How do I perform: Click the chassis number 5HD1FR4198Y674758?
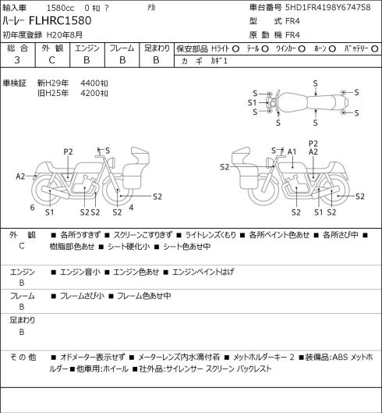tap(327, 7)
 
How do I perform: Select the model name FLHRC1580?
tap(60, 21)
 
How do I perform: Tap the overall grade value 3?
tap(17, 60)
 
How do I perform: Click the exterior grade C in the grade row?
tap(51, 60)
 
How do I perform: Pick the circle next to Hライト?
tap(235, 48)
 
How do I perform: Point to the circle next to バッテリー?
tap(375, 48)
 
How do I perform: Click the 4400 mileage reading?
tap(94, 84)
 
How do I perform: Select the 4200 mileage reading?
tap(94, 93)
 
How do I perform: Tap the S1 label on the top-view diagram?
tap(252, 102)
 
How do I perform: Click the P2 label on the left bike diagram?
tap(68, 151)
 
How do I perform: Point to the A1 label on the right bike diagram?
tap(292, 151)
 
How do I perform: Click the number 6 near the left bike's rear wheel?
tap(32, 208)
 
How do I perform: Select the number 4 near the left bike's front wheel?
tap(131, 208)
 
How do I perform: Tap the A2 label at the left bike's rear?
tap(20, 176)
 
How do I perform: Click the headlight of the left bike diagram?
tap(112, 162)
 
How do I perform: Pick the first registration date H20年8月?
tap(65, 35)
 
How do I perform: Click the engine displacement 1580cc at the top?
tap(60, 8)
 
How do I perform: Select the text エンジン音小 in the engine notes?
tap(80, 272)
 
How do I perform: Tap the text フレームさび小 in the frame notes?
tap(82, 296)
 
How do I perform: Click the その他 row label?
tap(23, 357)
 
